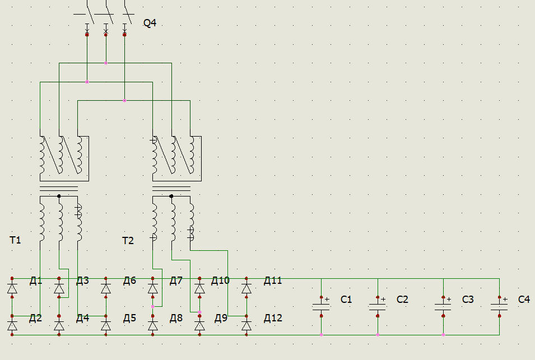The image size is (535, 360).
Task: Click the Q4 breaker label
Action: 150,23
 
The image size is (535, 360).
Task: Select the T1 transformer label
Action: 15,240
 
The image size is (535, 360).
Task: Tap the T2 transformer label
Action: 128,241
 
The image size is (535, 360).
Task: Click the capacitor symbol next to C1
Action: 321,306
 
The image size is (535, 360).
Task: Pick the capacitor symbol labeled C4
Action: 499,306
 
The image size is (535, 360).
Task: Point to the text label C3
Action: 468,300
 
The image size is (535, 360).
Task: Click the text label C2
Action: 402,300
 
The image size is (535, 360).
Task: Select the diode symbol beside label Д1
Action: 12,288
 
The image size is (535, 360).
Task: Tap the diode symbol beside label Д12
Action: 246,325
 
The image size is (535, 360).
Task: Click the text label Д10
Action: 220,280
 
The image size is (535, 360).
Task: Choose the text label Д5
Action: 129,318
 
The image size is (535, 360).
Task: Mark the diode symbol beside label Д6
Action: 106,288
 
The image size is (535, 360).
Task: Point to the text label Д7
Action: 176,280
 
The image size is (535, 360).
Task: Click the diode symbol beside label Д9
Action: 199,325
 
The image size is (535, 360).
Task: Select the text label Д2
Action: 35,318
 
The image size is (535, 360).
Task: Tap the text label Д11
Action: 273,280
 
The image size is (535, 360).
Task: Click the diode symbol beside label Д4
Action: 59,325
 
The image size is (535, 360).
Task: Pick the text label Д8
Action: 176,318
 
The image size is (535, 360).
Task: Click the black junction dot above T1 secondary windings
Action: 59,196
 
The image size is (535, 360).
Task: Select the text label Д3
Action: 82,280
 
